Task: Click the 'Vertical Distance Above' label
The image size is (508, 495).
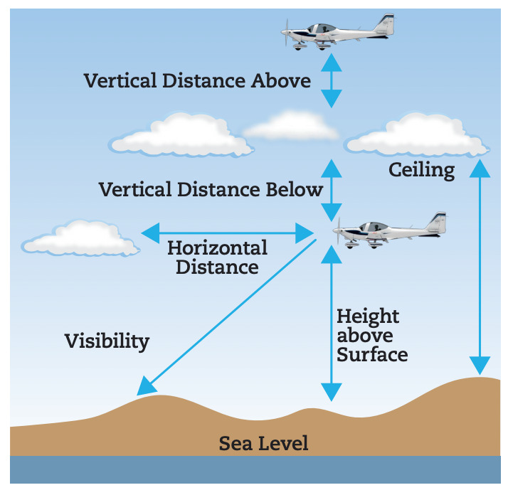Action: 197,80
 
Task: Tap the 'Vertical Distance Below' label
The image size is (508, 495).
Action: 211,190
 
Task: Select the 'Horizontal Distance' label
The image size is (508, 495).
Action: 217,257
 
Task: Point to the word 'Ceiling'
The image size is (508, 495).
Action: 421,170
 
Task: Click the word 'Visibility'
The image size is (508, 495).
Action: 107,341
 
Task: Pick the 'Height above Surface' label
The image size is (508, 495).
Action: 371,335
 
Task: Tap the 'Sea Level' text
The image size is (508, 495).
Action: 263,444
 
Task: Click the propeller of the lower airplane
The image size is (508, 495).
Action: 338,229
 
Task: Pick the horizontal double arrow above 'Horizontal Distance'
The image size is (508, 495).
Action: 228,233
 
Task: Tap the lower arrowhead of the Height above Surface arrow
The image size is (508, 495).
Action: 332,391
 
